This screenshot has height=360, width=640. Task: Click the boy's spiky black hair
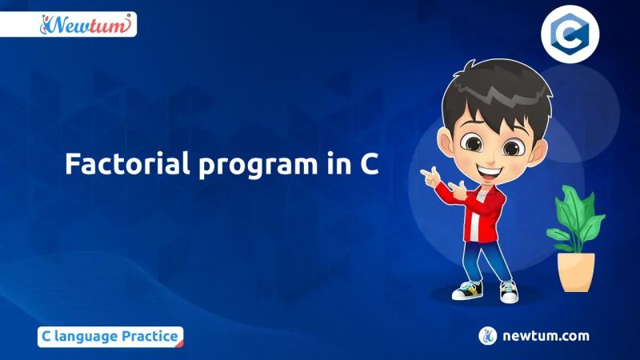click(488, 88)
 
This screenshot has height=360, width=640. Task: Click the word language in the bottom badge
click(85, 337)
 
